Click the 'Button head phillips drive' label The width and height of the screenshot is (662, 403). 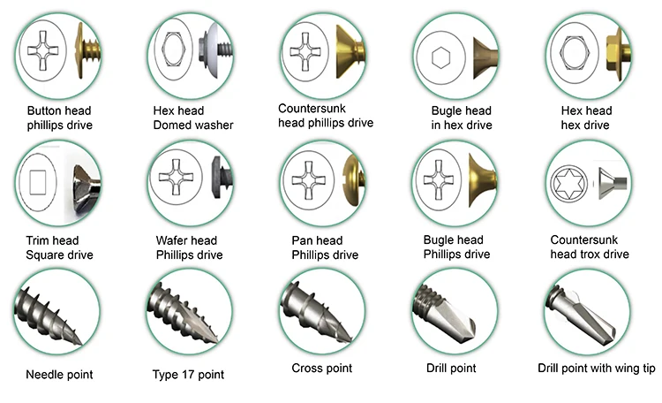[x=59, y=118]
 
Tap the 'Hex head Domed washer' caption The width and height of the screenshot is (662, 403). [x=193, y=118]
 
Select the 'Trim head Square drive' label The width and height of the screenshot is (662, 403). [x=59, y=247]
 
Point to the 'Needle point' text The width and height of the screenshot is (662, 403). [x=59, y=375]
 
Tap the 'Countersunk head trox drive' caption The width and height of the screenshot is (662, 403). [x=589, y=247]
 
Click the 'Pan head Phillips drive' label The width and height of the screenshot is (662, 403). [x=325, y=247]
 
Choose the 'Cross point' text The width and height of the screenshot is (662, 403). [x=321, y=369]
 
